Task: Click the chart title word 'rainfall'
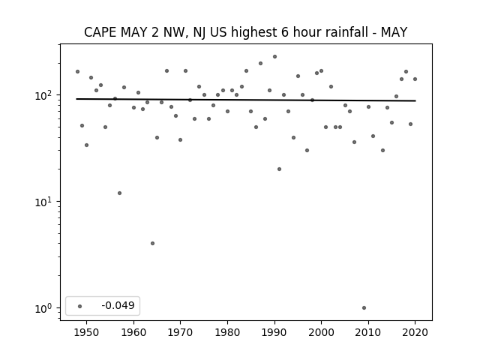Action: coord(349,32)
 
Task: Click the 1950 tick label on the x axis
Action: coord(87,332)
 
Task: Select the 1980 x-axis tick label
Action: coord(227,332)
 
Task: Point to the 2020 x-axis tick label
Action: coord(415,332)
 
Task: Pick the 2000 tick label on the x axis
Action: coord(321,332)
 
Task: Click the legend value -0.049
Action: coord(118,305)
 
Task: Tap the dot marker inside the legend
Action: coord(80,306)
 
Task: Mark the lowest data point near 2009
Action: coord(364,308)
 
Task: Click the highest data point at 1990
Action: coord(275,57)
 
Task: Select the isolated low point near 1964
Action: coord(152,243)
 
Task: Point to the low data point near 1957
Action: coord(120,193)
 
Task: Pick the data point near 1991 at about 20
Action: coord(279,169)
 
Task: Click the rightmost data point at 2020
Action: coord(415,79)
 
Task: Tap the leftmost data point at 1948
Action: coord(77,72)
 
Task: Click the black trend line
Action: coord(246,100)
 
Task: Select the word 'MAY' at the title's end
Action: coord(394,32)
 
